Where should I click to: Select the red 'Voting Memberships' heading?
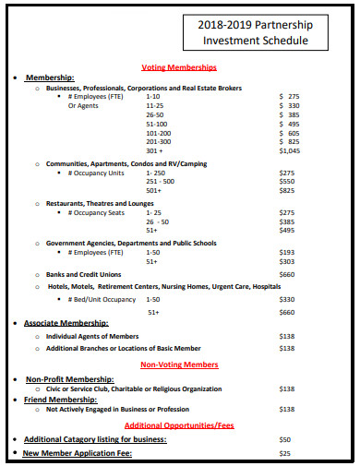[x=179, y=67]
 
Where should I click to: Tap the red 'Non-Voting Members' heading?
[x=180, y=364]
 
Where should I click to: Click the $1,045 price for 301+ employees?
[x=289, y=150]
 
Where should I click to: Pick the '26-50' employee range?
[x=154, y=115]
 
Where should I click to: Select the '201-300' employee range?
[x=158, y=141]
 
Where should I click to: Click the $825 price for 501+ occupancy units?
[x=287, y=190]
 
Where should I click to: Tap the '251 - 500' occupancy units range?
[x=162, y=182]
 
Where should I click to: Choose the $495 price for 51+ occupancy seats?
[x=287, y=231]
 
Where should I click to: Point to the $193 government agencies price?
[x=287, y=252]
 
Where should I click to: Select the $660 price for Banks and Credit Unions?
[x=287, y=274]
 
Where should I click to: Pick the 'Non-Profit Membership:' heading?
[x=70, y=379]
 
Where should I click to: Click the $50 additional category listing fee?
[x=285, y=439]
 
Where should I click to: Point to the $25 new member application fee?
[x=285, y=453]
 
